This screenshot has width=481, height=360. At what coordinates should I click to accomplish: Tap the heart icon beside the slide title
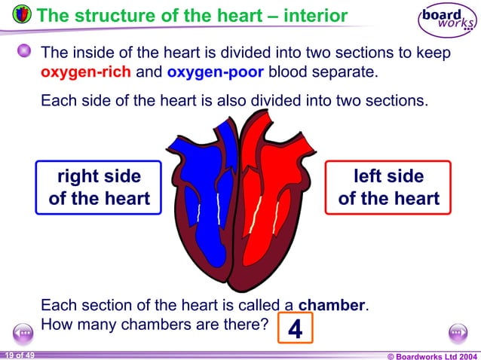point(22,14)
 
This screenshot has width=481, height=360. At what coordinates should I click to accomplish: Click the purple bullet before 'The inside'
point(25,51)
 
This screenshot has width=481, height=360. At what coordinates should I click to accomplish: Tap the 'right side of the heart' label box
point(99,188)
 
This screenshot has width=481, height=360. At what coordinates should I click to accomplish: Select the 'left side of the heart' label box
point(388,188)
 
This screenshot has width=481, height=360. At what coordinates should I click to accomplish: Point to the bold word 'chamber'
point(332,306)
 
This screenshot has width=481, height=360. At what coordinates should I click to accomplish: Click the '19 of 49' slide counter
point(18,354)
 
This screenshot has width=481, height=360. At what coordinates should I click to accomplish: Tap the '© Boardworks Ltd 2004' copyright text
point(432,355)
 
